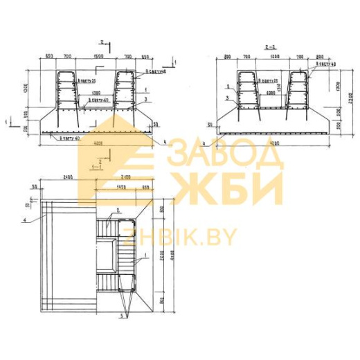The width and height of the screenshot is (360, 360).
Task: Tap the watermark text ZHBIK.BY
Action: (x=179, y=237)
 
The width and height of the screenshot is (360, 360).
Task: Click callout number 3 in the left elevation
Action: (x=147, y=100)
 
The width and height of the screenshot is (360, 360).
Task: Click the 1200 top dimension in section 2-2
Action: (x=273, y=56)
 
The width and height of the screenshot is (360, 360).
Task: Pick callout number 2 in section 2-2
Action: (x=227, y=87)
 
